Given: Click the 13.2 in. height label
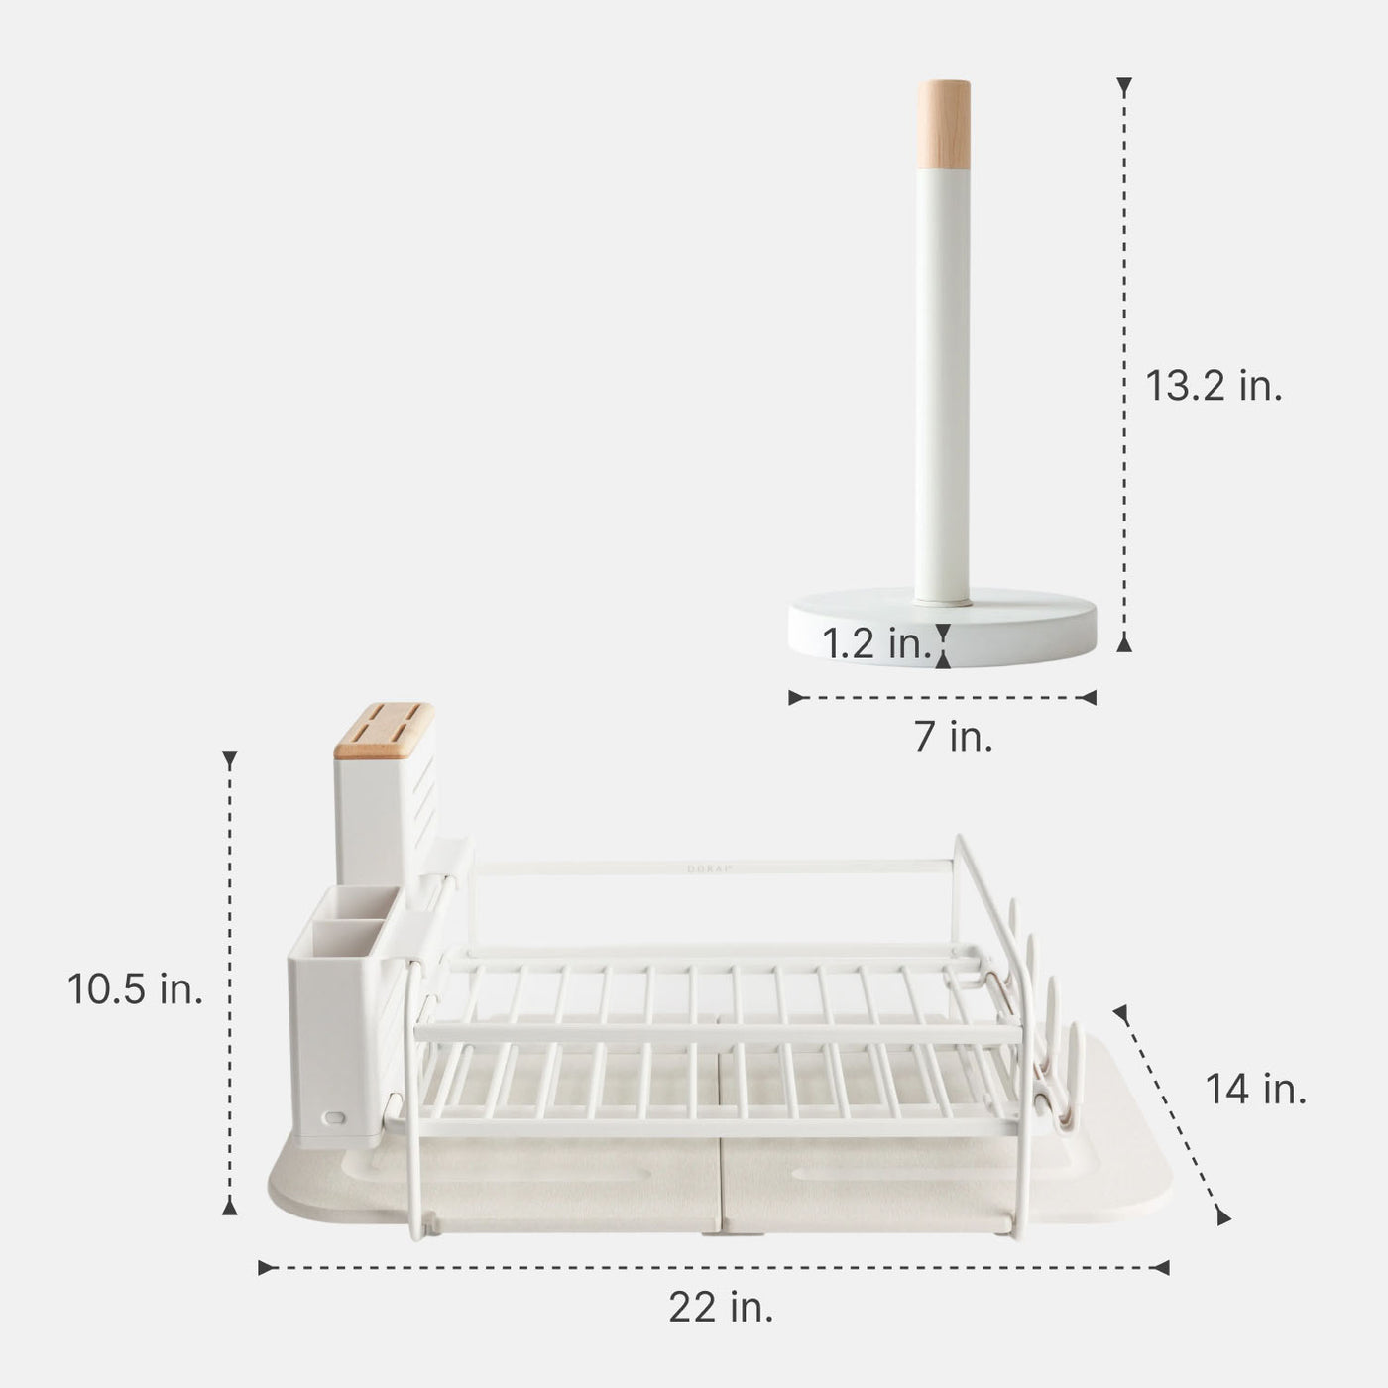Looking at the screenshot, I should tap(1214, 386).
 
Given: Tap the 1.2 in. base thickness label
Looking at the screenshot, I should tap(876, 644).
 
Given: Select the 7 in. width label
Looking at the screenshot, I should tap(953, 737).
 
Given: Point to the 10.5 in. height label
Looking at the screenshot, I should tap(136, 988).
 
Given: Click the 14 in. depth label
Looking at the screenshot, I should tap(1256, 1090).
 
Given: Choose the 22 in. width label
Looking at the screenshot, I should tap(721, 1308).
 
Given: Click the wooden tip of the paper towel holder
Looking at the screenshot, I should tap(943, 124).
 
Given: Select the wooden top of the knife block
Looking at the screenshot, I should tap(384, 730).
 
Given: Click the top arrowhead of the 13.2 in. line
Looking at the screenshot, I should tap(1123, 87).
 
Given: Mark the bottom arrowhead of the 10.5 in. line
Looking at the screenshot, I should tap(230, 1205).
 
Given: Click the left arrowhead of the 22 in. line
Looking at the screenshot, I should tap(266, 1267).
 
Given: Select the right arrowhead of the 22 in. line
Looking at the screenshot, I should tap(1161, 1267).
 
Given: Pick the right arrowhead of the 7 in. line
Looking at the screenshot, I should tap(1089, 697).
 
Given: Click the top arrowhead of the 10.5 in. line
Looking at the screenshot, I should tap(230, 760).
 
